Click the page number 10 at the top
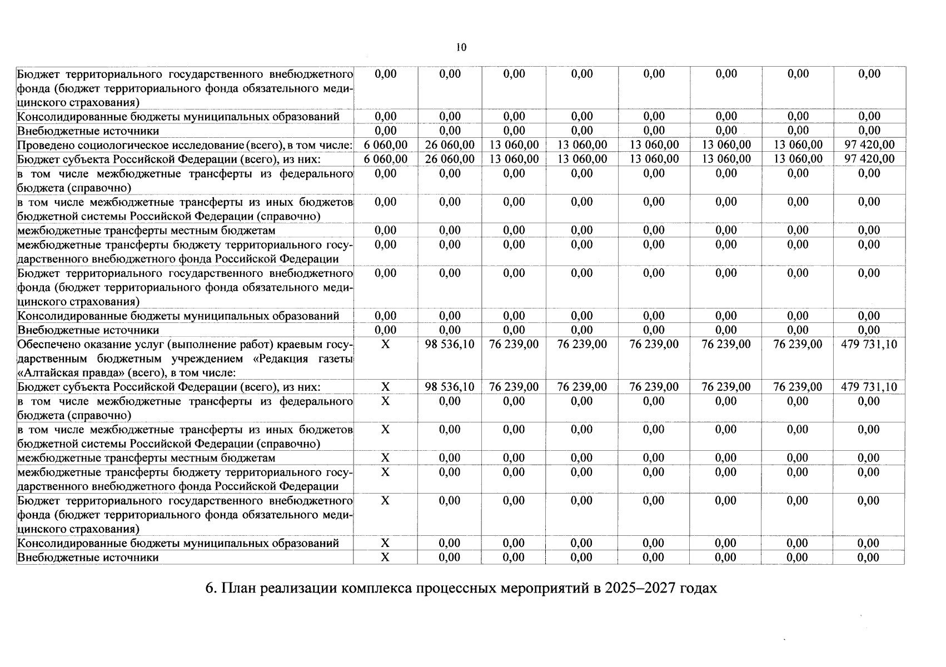point(461,47)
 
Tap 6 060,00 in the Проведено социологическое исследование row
point(385,145)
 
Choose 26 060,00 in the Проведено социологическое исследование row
point(449,145)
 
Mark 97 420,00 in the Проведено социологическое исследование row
point(869,145)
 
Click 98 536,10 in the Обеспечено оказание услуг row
point(449,345)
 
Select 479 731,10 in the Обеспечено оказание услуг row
point(869,345)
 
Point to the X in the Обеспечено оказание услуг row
point(385,345)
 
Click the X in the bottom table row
point(385,558)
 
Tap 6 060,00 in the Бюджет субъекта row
point(385,159)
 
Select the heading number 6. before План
point(211,588)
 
